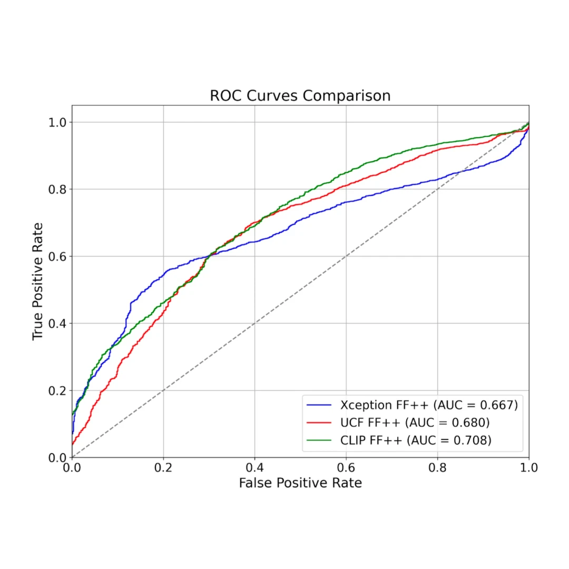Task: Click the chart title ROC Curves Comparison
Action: [300, 96]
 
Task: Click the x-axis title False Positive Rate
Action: [300, 483]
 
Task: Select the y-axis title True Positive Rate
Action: [37, 281]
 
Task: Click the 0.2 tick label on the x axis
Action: [163, 467]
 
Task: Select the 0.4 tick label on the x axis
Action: [254, 467]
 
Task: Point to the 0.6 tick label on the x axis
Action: [346, 467]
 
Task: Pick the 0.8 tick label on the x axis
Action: [437, 467]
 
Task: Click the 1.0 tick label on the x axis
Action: [528, 467]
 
